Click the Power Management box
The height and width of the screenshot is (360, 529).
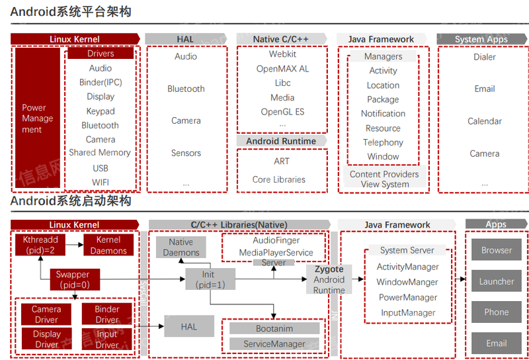click(38, 118)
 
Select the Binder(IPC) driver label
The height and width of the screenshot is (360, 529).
click(101, 82)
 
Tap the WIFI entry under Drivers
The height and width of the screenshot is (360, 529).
click(101, 182)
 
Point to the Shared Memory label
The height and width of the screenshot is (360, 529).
click(100, 152)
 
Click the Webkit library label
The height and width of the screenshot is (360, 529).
click(282, 54)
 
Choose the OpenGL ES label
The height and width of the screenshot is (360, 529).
click(282, 112)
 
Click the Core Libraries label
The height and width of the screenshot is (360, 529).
click(279, 179)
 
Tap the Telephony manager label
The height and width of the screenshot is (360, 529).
click(383, 142)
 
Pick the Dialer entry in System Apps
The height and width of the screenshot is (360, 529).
click(485, 57)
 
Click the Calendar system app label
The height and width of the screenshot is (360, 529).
click(485, 121)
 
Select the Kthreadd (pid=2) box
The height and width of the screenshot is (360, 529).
click(40, 245)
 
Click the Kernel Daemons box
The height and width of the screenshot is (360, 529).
click(108, 245)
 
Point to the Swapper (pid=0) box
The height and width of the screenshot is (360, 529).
click(73, 279)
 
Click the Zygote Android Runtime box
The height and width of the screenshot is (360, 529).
click(329, 279)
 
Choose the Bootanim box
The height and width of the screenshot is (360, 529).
click(274, 328)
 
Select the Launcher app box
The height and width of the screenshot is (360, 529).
click(497, 281)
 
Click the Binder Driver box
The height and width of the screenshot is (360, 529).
click(107, 314)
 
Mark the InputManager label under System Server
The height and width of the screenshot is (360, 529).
click(407, 312)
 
